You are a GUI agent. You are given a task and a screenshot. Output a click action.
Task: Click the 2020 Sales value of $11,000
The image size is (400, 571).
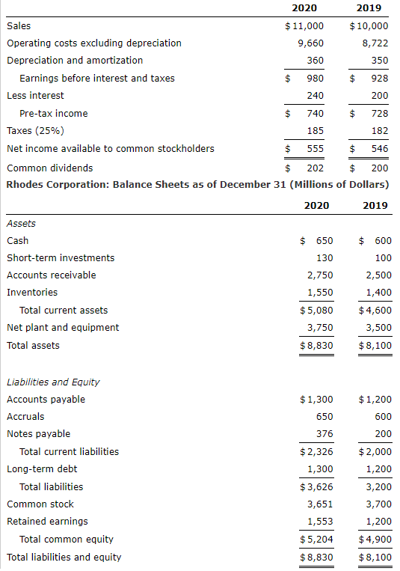[304, 25]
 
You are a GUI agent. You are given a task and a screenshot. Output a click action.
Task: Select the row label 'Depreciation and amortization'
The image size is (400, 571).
[75, 60]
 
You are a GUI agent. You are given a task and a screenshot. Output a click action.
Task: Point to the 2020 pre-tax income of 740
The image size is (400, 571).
[315, 113]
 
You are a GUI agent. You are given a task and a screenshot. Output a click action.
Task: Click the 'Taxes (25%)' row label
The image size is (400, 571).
[34, 130]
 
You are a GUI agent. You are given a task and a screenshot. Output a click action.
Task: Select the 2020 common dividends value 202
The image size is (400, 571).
[315, 168]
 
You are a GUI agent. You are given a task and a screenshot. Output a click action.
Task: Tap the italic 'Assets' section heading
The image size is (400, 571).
[21, 223]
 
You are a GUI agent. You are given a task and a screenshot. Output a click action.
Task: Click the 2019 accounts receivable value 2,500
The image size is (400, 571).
[378, 275]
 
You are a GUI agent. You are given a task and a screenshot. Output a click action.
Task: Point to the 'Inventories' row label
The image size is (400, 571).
[32, 292]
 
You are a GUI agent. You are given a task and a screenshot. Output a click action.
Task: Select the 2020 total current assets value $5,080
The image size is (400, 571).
[316, 310]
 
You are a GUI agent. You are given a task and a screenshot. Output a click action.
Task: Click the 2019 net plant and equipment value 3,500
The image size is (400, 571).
[378, 327]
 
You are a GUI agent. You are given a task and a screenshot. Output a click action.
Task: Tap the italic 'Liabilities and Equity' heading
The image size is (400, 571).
[53, 382]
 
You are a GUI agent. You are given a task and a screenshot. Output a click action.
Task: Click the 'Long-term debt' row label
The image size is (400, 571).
[42, 468]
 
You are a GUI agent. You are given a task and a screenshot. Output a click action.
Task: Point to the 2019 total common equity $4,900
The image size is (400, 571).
[375, 539]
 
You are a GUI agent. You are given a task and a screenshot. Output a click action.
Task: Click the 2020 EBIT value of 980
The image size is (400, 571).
[315, 78]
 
